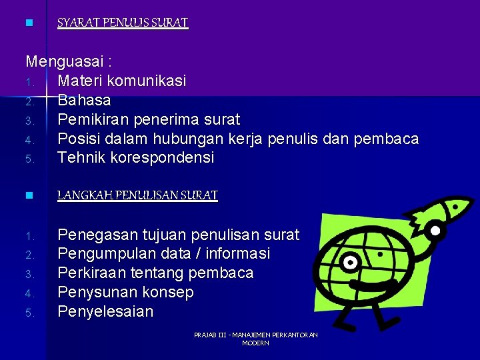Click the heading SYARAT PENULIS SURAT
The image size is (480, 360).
pyautogui.click(x=123, y=23)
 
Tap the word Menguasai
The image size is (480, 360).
pyautogui.click(x=65, y=62)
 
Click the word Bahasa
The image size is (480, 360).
pyautogui.click(x=84, y=101)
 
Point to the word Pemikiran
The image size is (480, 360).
pyautogui.click(x=93, y=119)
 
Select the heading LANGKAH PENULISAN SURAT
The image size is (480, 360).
pyautogui.click(x=137, y=195)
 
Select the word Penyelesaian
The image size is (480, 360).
pyautogui.click(x=105, y=312)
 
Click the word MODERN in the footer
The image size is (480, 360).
pyautogui.click(x=255, y=343)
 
